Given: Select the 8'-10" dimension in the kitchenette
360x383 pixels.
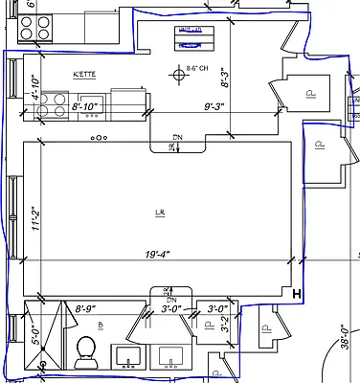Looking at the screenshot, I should (x=88, y=107).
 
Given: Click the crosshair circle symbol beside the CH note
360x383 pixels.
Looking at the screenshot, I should (x=177, y=72).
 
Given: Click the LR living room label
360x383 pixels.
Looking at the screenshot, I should (x=159, y=212).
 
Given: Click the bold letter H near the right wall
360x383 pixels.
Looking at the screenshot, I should (x=297, y=293).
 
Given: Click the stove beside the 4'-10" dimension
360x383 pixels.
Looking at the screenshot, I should (x=55, y=102).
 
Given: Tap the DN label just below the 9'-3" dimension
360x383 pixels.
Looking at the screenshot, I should (x=177, y=136).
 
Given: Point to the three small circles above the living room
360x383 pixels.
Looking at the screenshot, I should (x=98, y=138).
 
